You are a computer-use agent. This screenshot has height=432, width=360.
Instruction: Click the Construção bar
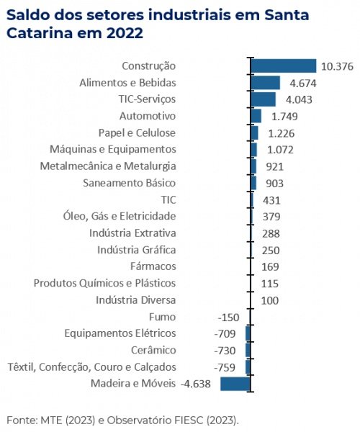[284, 66]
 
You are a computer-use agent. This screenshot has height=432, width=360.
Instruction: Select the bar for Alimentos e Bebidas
[266, 83]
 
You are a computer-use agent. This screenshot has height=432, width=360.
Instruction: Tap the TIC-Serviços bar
[264, 99]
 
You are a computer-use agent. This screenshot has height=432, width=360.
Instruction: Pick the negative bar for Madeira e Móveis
[235, 384]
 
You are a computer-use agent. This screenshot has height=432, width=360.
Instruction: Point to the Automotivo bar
[256, 116]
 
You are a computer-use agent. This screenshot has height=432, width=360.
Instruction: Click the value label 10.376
[337, 66]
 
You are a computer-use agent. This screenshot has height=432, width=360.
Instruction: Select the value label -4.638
[196, 384]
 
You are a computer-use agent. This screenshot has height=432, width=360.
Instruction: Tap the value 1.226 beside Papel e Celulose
[282, 133]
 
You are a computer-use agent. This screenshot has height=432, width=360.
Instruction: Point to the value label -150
[229, 318]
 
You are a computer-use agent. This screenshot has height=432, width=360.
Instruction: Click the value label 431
[271, 200]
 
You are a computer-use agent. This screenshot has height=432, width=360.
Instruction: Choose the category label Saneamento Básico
[129, 183]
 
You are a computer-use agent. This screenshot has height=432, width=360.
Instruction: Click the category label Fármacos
[153, 266]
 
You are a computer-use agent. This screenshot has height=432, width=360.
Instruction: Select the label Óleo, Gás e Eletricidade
[120, 216]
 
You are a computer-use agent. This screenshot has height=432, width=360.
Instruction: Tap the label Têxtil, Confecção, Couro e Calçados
[91, 367]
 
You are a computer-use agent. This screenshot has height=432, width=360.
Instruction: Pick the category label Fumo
[162, 317]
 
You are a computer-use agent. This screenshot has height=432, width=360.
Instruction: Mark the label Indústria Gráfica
[137, 250]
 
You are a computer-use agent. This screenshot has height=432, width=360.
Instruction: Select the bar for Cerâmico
[248, 350]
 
